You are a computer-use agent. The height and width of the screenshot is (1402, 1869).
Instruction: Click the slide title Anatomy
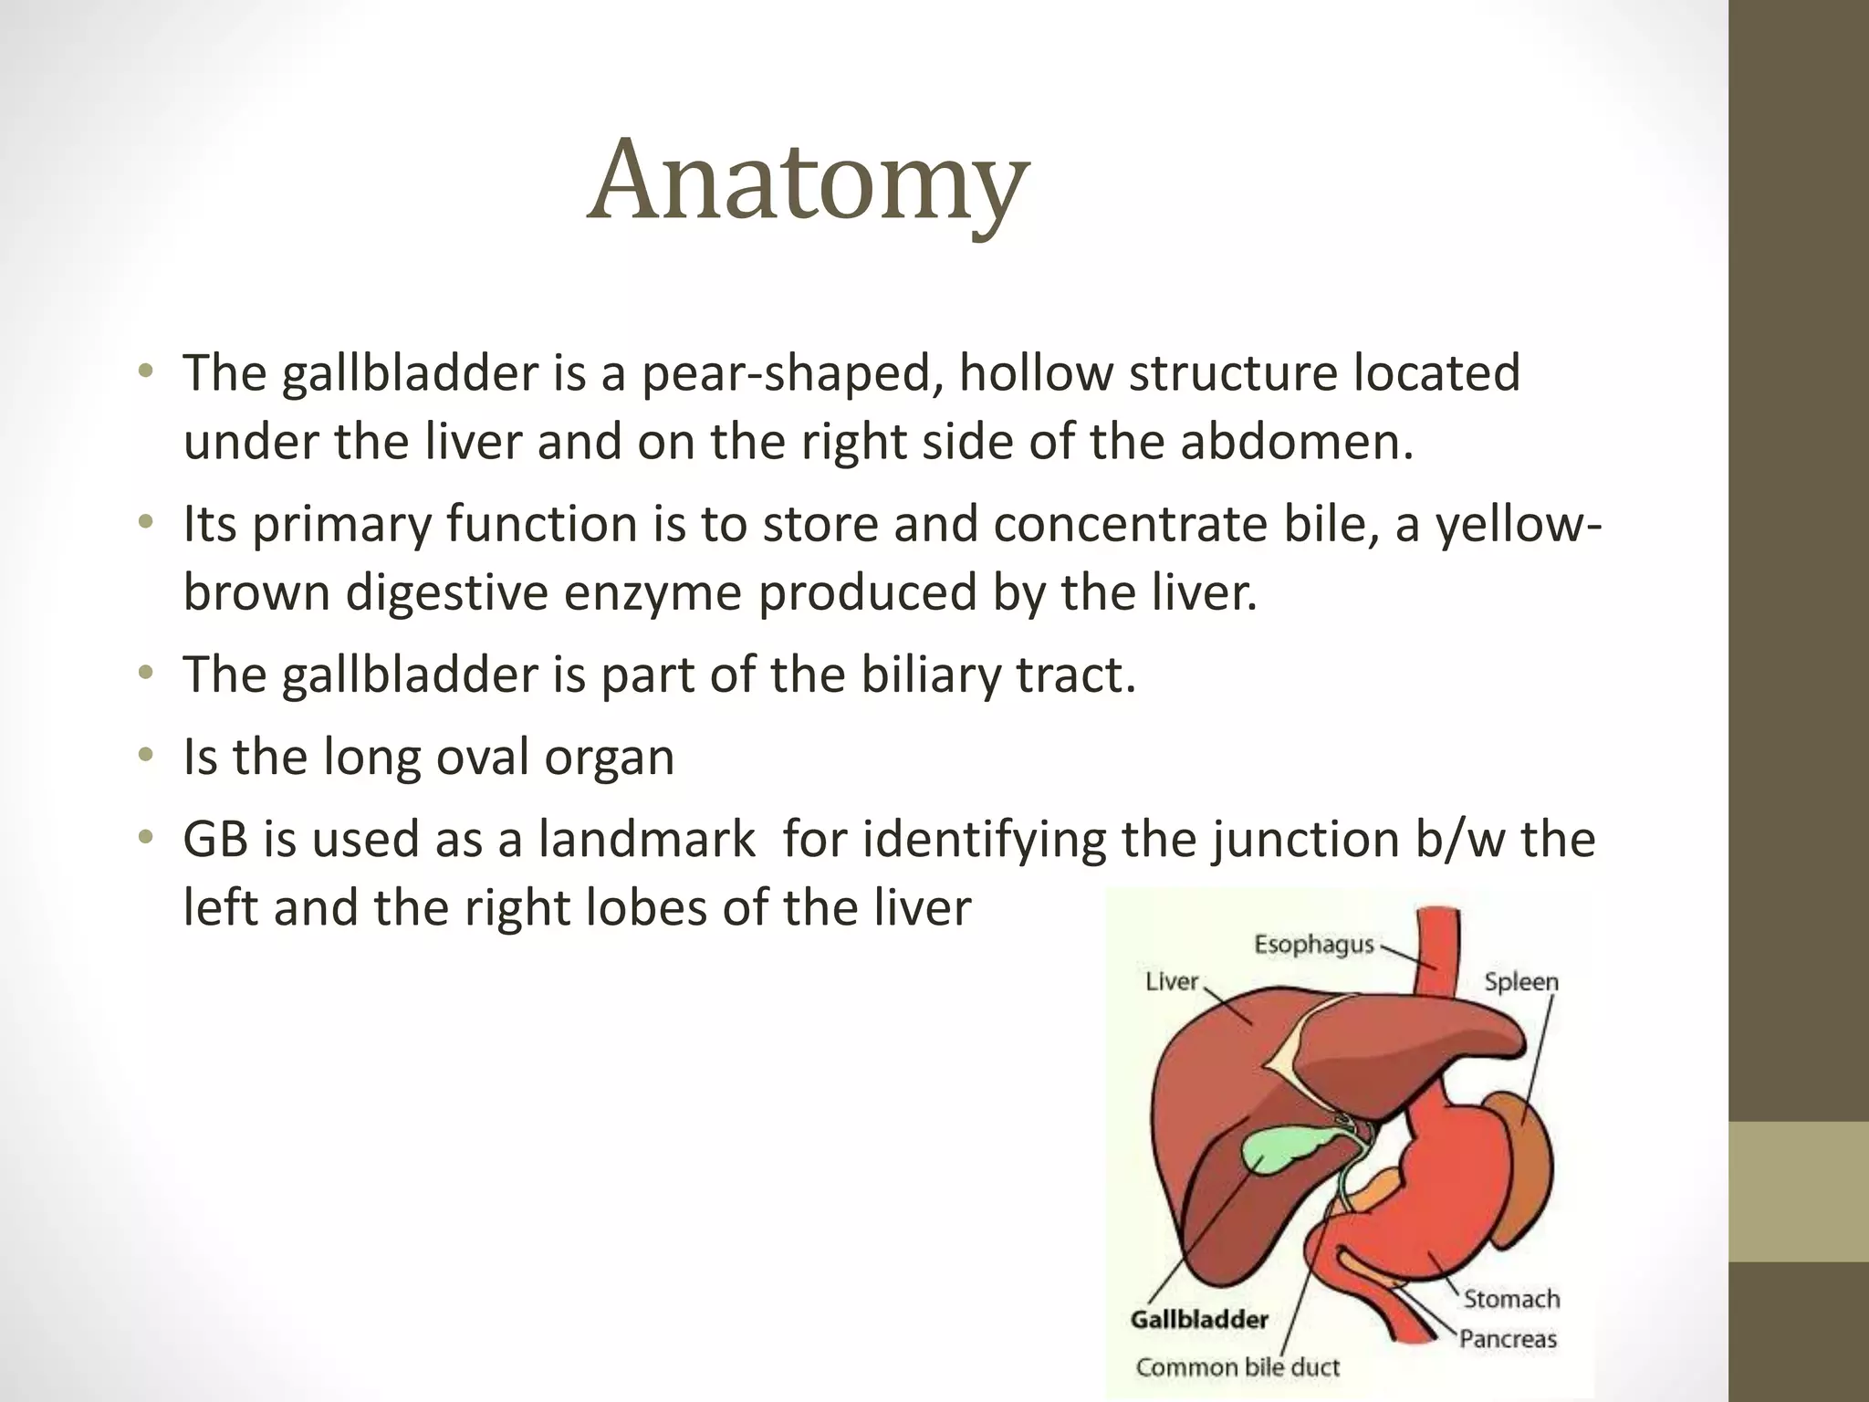tap(808, 181)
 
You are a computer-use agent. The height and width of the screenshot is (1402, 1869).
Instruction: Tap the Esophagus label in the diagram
tap(1313, 944)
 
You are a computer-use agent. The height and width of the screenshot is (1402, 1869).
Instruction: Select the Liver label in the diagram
tap(1171, 982)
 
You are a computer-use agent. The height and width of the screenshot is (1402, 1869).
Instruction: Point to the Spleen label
tap(1520, 982)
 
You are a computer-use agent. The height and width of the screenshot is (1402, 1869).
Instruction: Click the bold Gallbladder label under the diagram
tap(1198, 1319)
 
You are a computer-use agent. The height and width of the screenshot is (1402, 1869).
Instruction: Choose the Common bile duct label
tap(1237, 1366)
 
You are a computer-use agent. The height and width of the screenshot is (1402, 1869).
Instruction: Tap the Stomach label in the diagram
tap(1511, 1298)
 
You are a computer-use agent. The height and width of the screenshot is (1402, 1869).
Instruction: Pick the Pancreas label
tap(1508, 1338)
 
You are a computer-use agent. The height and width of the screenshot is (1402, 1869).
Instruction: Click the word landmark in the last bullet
tap(646, 839)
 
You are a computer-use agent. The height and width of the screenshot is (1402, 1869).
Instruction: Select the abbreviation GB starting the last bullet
tap(215, 839)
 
